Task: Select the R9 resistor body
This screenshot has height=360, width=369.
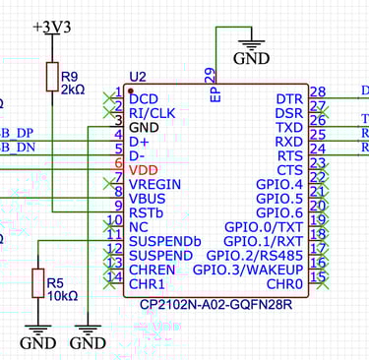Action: point(52,77)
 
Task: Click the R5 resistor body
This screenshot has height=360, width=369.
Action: point(38,283)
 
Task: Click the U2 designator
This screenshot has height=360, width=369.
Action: point(138,77)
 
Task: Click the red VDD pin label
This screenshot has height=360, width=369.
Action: point(144,169)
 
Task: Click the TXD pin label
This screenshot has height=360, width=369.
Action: point(288,127)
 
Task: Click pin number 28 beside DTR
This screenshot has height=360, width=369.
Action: point(317,92)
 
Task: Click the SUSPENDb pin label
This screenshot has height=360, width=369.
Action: point(165,241)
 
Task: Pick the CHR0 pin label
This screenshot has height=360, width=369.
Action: point(283,283)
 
